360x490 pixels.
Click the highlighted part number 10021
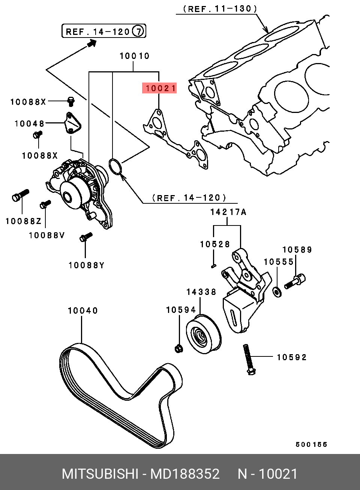[x=159, y=88]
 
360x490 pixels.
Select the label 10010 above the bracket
[x=134, y=56]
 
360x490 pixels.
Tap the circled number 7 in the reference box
[x=138, y=31]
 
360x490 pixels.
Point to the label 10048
[x=29, y=123]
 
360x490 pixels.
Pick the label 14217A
[x=228, y=212]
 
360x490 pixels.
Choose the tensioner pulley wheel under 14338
[x=203, y=335]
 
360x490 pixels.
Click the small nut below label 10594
[x=178, y=349]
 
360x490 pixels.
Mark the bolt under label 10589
[x=295, y=281]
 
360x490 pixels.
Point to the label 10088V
[x=47, y=236]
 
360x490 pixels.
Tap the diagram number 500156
[x=311, y=445]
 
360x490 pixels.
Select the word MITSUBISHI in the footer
[x=100, y=474]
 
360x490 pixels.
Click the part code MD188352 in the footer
[x=185, y=474]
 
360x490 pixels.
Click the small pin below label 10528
[x=213, y=266]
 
